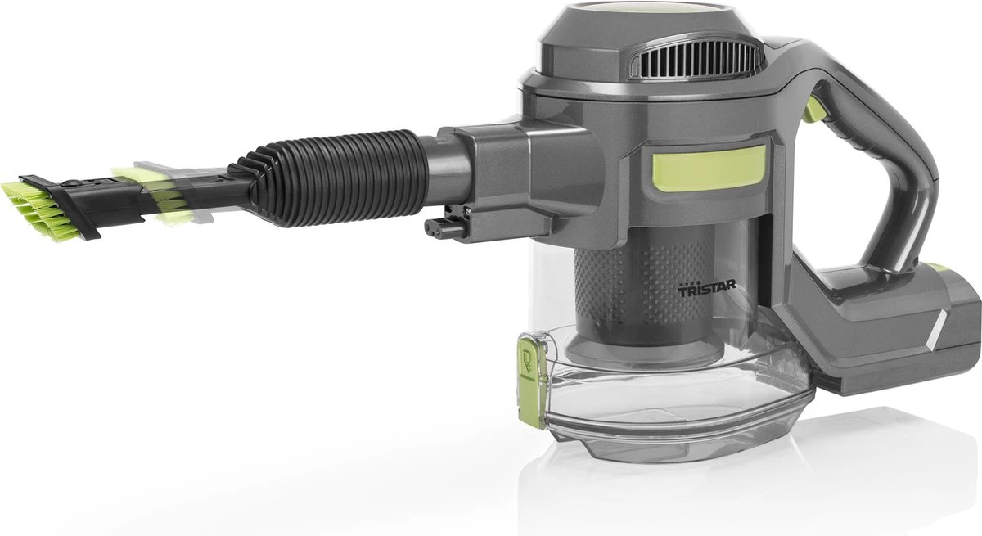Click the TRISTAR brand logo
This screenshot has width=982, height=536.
coord(707,290)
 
